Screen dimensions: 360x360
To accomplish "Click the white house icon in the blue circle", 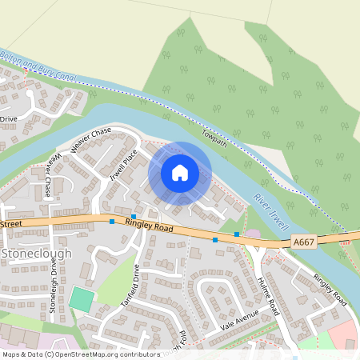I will [x=180, y=172].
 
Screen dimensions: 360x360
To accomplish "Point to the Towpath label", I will [x=215, y=138].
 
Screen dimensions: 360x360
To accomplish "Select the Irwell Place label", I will [x=125, y=160].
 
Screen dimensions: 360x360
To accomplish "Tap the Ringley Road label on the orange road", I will [x=149, y=226].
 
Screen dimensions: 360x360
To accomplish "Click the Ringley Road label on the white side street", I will [x=330, y=290].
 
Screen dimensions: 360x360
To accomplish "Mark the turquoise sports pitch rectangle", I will [x=81, y=300].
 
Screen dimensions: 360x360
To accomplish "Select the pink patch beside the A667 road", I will [x=253, y=234].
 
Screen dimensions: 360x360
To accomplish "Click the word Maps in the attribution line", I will [x=12, y=353].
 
